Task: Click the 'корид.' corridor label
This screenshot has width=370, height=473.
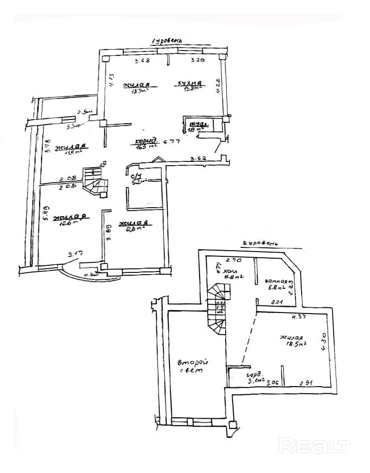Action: (x=146, y=141)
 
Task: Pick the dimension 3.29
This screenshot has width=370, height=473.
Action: (x=197, y=61)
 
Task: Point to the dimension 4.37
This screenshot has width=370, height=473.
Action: (x=298, y=317)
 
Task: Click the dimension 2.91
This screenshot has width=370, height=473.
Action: (x=307, y=383)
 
